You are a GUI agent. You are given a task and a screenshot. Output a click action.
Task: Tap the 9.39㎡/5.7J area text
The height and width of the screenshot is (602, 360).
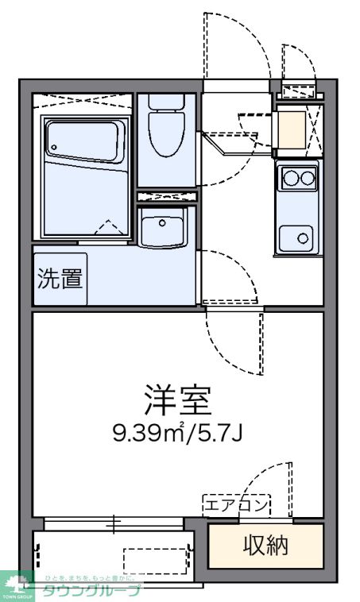point(177,433)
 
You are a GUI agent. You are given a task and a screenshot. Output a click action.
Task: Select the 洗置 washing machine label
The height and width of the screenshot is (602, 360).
point(60,279)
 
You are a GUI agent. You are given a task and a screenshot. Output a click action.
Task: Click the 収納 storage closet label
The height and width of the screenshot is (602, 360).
point(265,546)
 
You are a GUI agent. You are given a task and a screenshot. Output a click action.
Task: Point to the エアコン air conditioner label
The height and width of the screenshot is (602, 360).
point(237,504)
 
